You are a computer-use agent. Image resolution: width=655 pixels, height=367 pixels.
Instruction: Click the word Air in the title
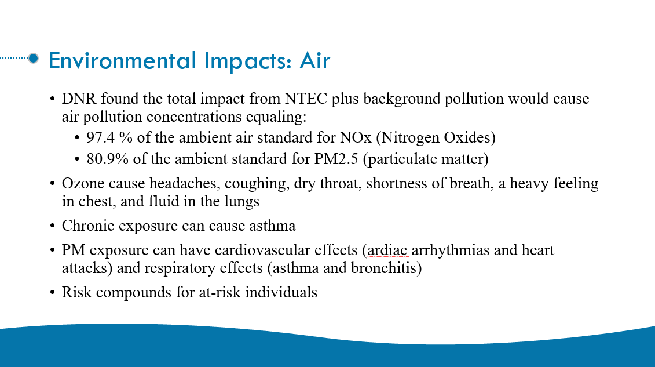(314, 61)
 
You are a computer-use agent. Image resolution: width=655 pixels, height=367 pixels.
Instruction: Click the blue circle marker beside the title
(34, 58)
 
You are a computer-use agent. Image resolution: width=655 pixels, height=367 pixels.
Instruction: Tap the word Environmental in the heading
(122, 61)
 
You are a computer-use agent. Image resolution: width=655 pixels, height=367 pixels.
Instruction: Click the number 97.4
(101, 137)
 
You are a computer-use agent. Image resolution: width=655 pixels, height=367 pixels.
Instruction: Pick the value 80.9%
(107, 159)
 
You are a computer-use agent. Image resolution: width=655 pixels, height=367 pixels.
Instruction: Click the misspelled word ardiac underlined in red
(387, 250)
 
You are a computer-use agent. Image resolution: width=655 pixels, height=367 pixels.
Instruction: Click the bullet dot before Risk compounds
(52, 293)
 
